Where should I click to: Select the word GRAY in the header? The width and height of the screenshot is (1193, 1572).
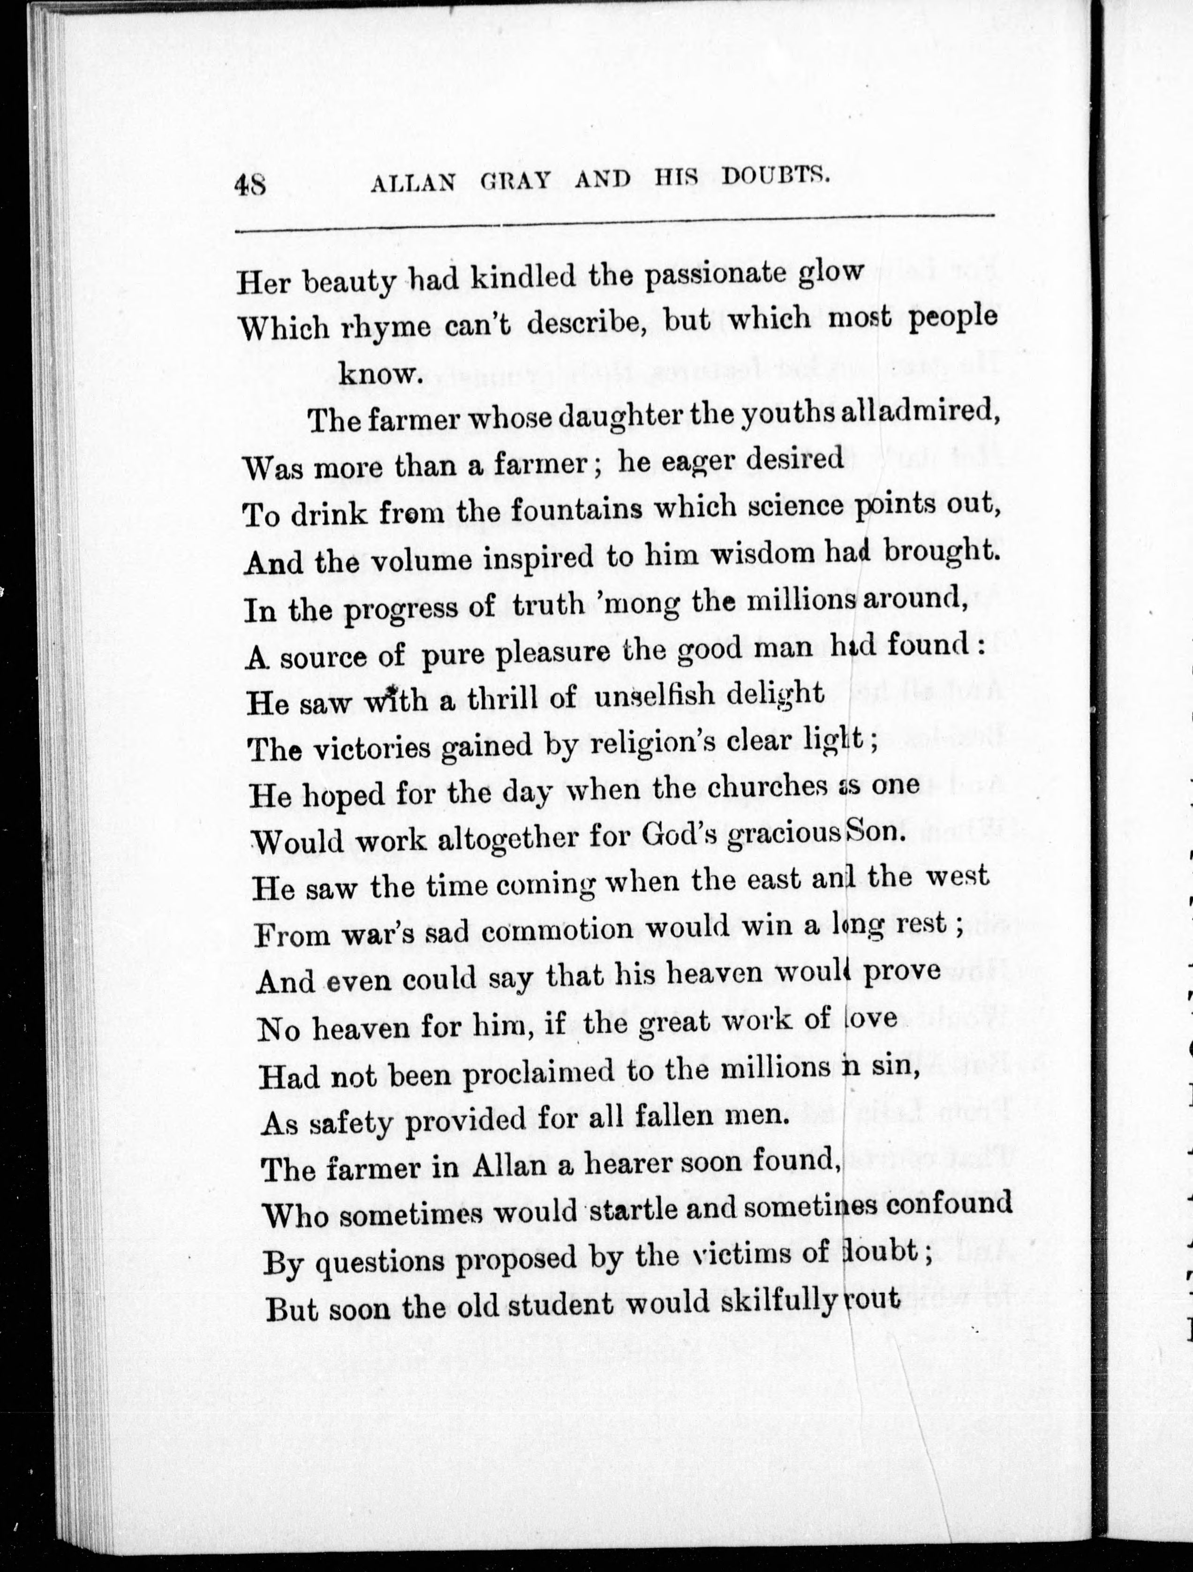[516, 181]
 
